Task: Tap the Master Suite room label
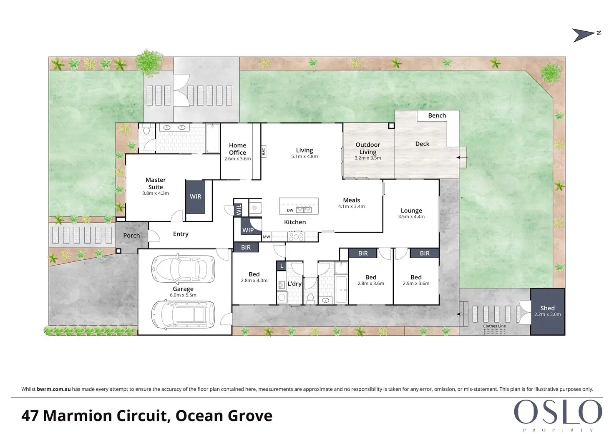[156, 183]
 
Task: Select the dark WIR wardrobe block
[195, 197]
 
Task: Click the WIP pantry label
[248, 230]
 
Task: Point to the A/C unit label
[264, 151]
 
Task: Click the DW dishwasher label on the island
[290, 210]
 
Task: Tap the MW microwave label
[267, 237]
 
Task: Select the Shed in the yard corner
[547, 311]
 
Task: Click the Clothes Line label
[494, 326]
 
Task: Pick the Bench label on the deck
[437, 115]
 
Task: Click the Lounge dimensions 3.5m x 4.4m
[411, 216]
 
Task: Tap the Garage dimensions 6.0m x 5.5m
[183, 295]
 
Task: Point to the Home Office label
[237, 149]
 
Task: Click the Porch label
[131, 236]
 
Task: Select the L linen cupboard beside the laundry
[282, 266]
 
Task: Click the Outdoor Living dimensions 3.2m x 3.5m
[367, 158]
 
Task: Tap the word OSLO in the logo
[558, 412]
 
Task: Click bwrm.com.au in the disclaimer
[54, 389]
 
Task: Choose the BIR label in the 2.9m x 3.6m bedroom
[425, 253]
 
